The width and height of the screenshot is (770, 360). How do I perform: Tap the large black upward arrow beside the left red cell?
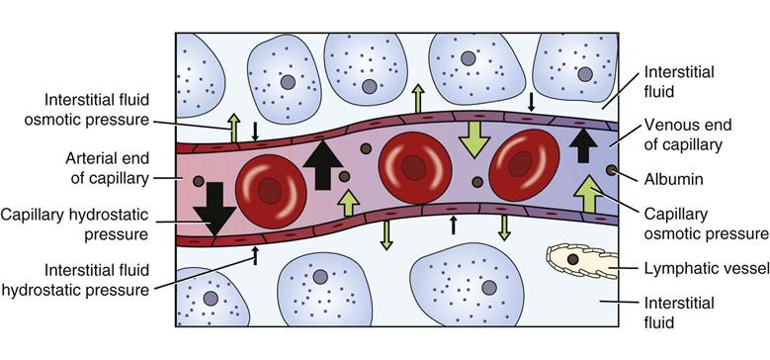321,165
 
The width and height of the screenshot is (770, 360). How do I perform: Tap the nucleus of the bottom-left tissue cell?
210,299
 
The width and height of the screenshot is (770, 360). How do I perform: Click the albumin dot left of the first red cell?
201,183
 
